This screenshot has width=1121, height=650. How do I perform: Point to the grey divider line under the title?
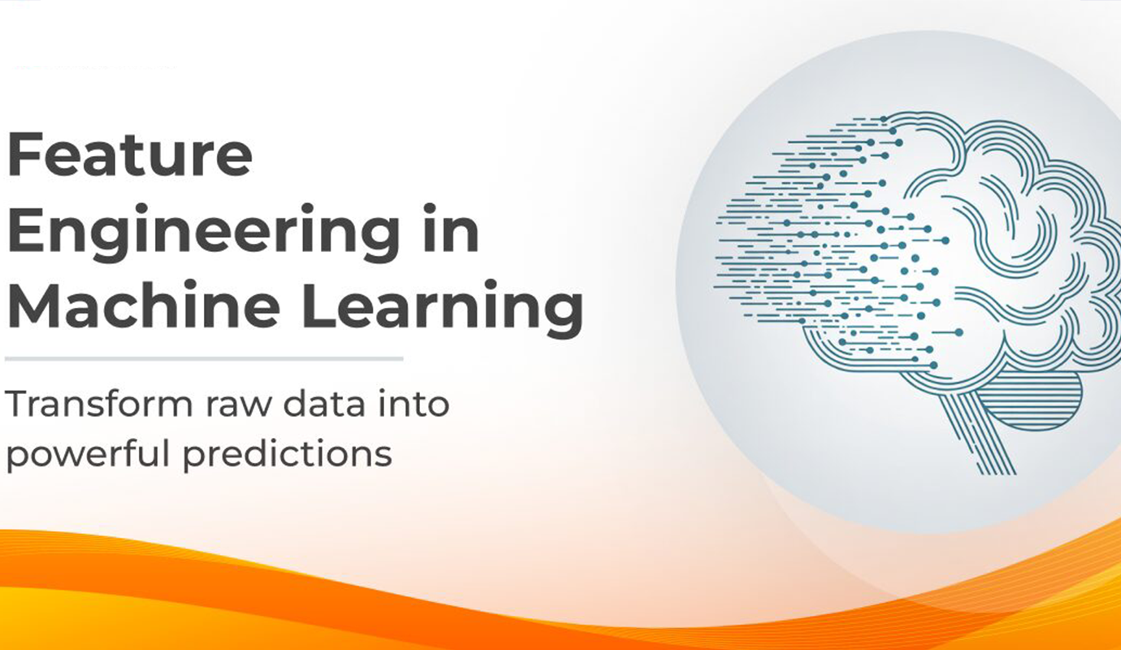point(203,358)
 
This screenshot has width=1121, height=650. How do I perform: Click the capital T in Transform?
point(21,404)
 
